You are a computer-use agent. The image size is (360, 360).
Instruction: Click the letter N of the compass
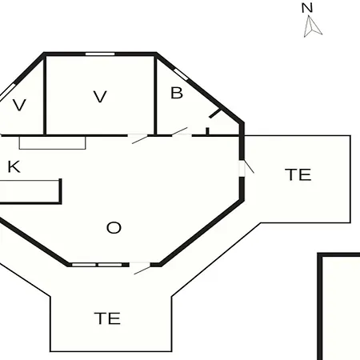pos(307,8)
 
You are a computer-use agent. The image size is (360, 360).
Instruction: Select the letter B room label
pos(177,93)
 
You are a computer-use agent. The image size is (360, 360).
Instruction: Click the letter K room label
pos(14,166)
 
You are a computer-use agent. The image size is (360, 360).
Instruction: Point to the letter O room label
pos(114,228)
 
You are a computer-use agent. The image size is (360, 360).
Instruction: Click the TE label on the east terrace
pos(298,174)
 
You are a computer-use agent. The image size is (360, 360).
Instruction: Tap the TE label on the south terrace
pos(107,318)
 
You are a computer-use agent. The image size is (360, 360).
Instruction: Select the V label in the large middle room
pos(100,97)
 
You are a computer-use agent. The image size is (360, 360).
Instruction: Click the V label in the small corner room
pos(19,105)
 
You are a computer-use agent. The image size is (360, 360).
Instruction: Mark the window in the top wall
pos(100,54)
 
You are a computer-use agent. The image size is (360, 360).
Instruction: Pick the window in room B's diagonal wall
pos(181,74)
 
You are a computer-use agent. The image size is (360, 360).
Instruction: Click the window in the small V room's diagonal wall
pos(7,92)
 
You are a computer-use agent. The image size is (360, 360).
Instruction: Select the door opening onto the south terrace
pos(140,267)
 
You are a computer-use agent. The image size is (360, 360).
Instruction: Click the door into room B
pos(180,132)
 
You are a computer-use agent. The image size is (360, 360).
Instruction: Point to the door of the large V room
pos(138,138)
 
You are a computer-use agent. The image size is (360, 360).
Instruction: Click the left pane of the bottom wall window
pos(84,265)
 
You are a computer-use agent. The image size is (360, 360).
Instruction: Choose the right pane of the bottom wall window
pos(110,265)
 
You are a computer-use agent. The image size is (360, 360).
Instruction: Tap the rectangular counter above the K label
pos(52,143)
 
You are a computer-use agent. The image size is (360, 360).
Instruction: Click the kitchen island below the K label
pos(30,191)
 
